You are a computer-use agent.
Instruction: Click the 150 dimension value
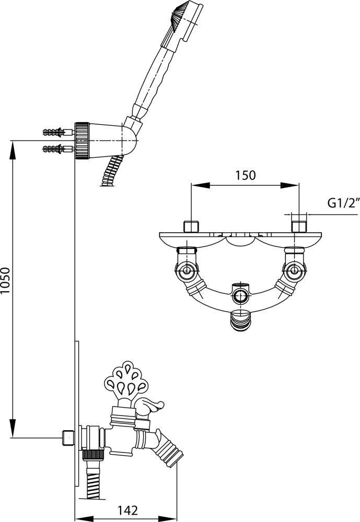(x=245, y=175)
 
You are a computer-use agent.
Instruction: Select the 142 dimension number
(x=127, y=509)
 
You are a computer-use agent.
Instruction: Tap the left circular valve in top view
(x=187, y=270)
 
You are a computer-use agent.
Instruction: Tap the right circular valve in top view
(x=293, y=270)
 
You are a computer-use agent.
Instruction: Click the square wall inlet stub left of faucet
(x=67, y=436)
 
